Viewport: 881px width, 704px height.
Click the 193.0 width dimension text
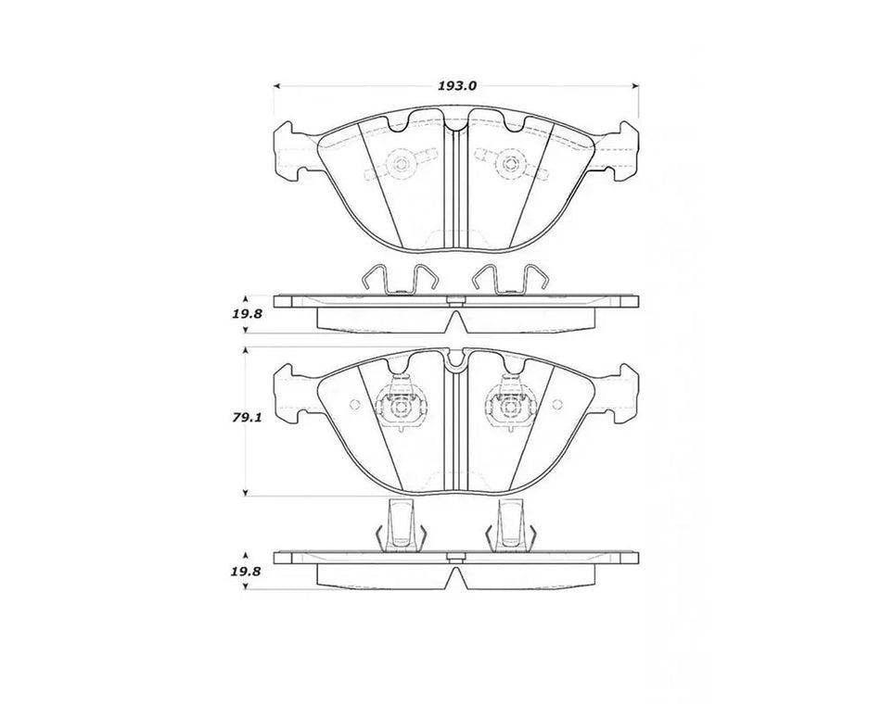pos(457,86)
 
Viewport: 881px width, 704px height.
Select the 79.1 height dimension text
pos(245,419)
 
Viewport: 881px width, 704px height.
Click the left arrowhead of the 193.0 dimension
pos(276,86)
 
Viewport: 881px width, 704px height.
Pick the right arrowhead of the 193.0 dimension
pos(636,86)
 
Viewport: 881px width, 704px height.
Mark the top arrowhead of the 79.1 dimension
pos(245,351)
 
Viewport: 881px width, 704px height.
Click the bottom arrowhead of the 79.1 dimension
pos(245,493)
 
